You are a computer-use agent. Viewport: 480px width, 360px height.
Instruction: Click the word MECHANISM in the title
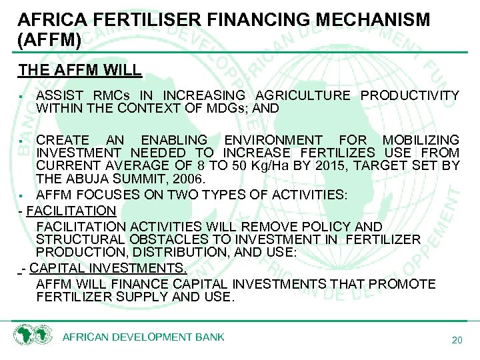pos(370,19)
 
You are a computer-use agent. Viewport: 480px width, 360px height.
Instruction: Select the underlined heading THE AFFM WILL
pos(79,69)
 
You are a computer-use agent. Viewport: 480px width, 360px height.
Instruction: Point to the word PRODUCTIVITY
pos(410,96)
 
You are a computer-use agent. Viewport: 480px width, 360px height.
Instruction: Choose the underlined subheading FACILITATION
pos(72,211)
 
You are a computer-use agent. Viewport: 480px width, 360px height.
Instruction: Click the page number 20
pos(457,341)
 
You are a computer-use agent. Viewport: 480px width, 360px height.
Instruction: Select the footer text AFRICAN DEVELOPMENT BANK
pos(143,337)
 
